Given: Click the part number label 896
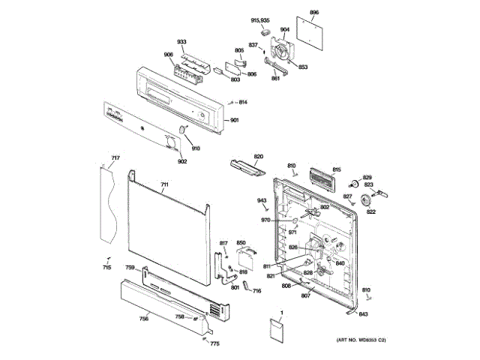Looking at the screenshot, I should pyautogui.click(x=314, y=13).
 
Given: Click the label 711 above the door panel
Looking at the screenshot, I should pyautogui.click(x=165, y=184).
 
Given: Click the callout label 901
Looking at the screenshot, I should pyautogui.click(x=234, y=121).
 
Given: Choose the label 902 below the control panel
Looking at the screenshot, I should pyautogui.click(x=182, y=161).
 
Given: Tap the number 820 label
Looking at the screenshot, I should pyautogui.click(x=259, y=157).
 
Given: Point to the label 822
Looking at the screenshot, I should pyautogui.click(x=370, y=211).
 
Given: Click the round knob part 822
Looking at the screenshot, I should pyautogui.click(x=366, y=199).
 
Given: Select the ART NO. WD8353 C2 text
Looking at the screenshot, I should pyautogui.click(x=361, y=341).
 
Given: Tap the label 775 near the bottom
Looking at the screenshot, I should pyautogui.click(x=215, y=343).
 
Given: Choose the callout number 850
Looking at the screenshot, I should pyautogui.click(x=241, y=243).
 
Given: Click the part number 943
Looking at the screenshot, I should pyautogui.click(x=262, y=200).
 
